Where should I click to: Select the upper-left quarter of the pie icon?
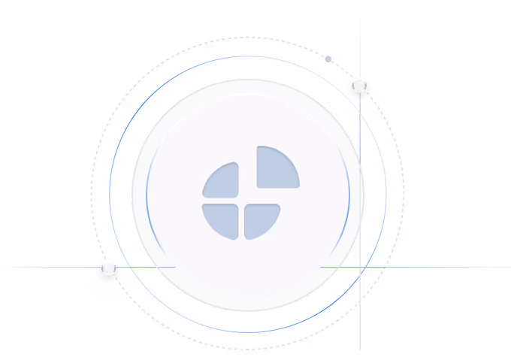pyautogui.click(x=223, y=183)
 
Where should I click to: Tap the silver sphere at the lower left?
pyautogui.click(x=109, y=267)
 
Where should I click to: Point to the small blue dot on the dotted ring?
pyautogui.click(x=328, y=59)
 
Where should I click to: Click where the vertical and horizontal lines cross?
pyautogui.click(x=360, y=267)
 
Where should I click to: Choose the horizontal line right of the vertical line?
pyautogui.click(x=443, y=267)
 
